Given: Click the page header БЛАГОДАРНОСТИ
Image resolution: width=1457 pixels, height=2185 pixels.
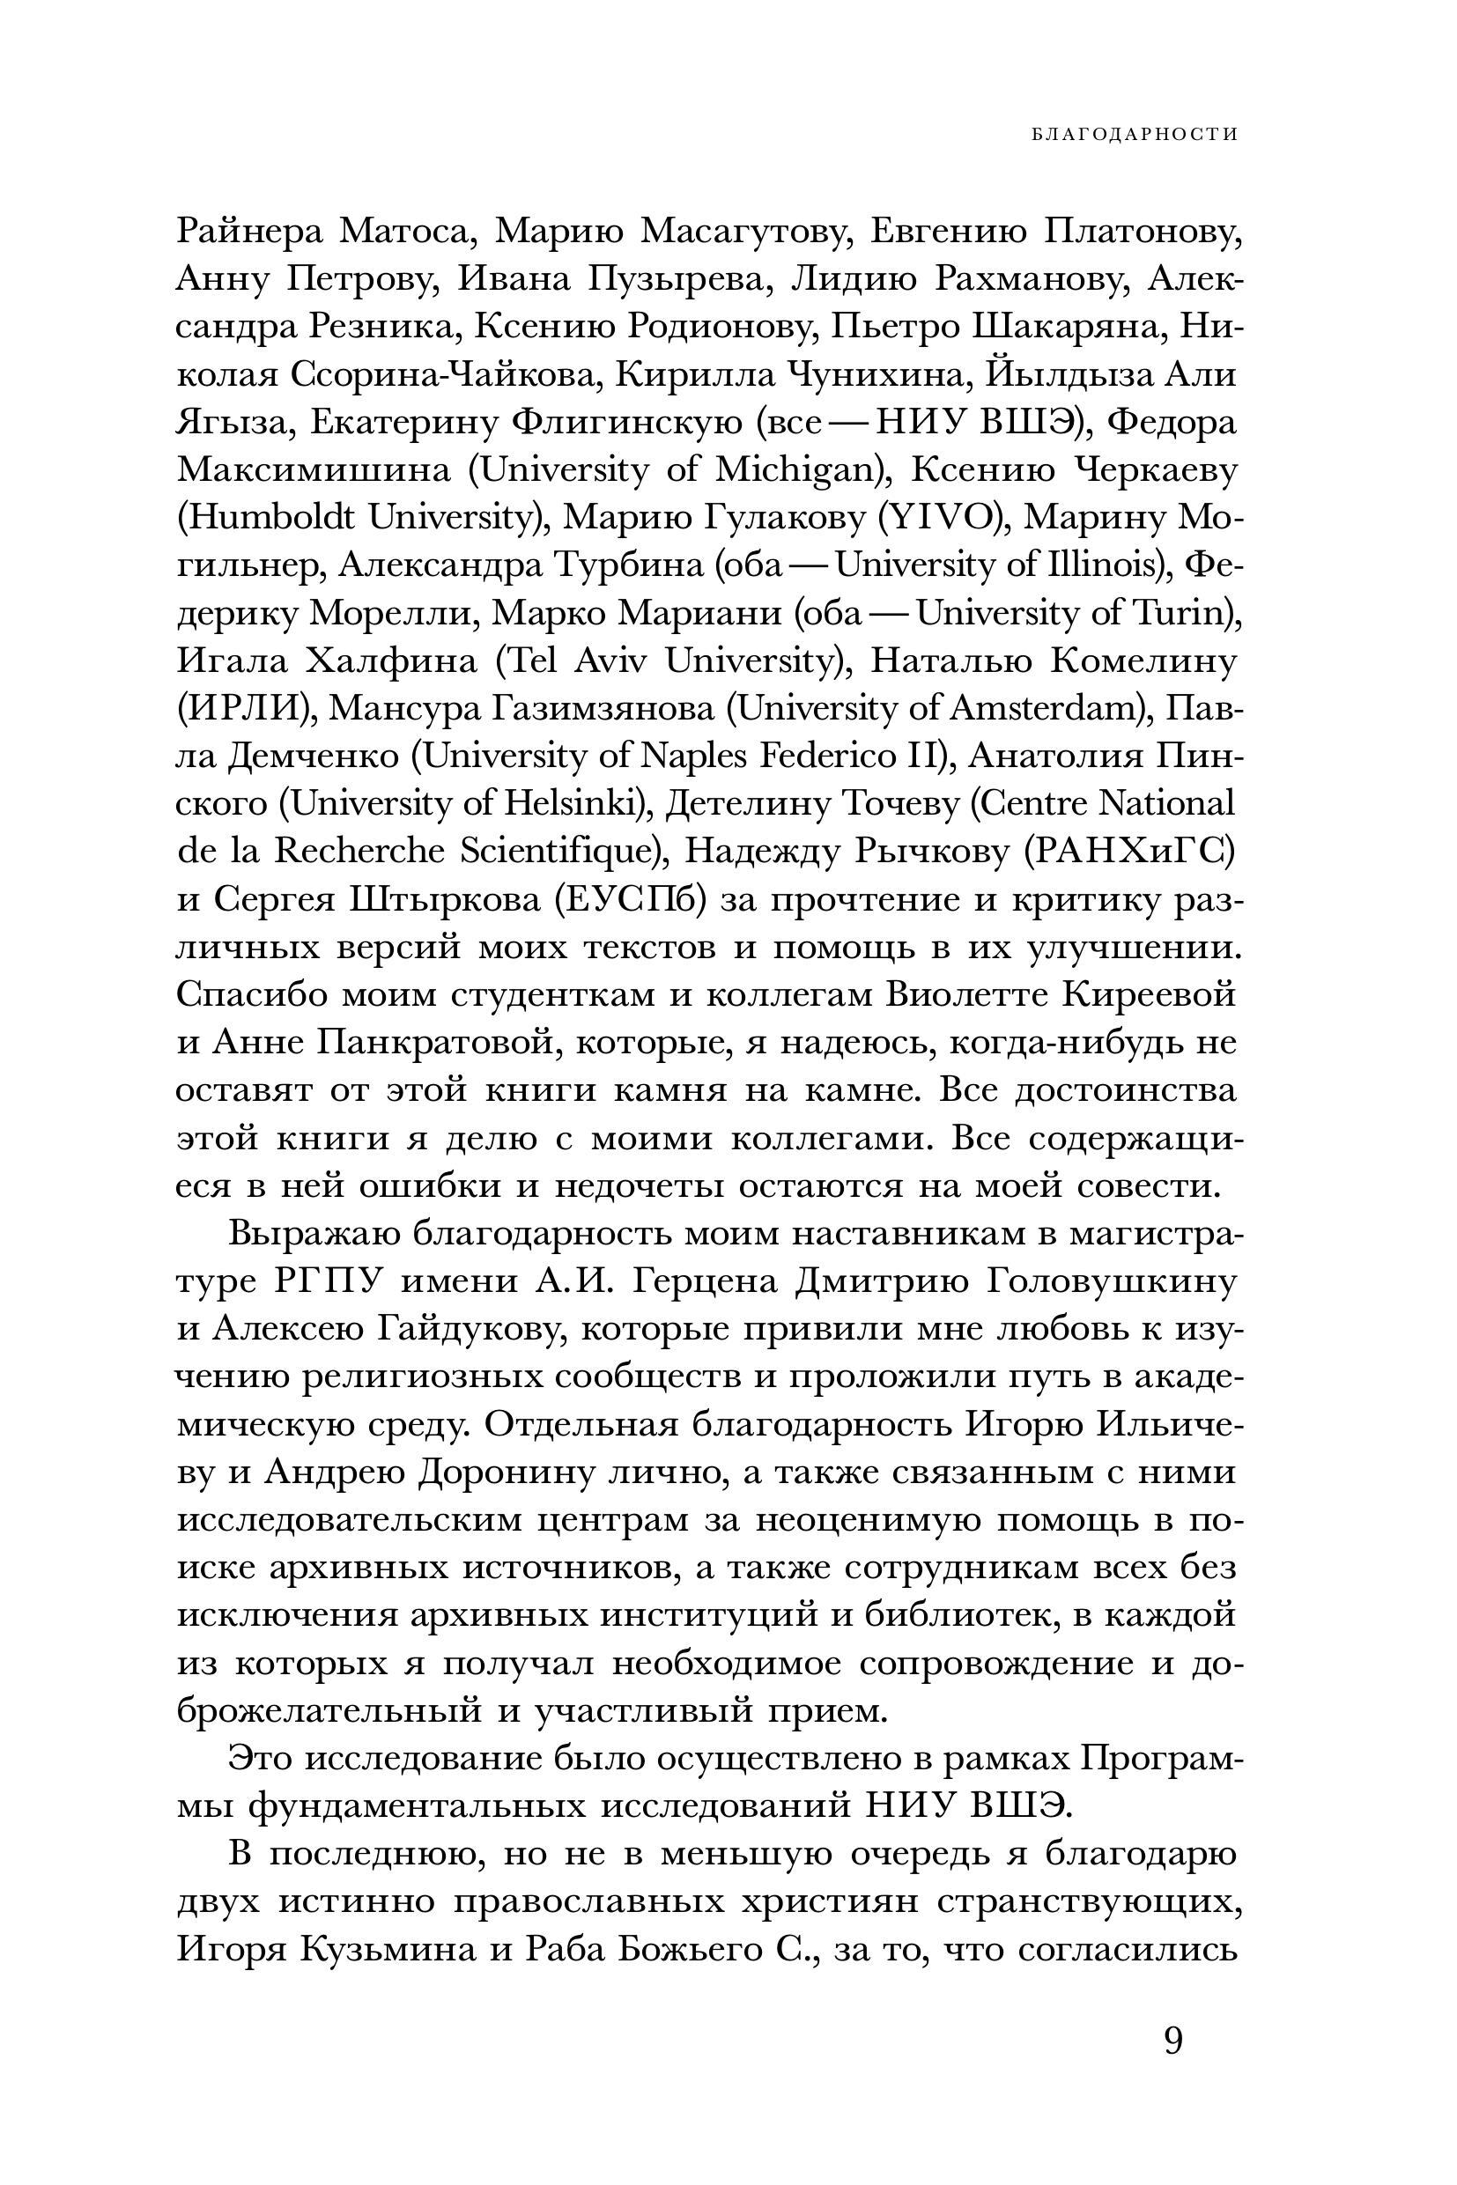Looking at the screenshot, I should (x=1134, y=134).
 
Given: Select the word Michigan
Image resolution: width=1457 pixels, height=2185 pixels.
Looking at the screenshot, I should (x=798, y=471).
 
